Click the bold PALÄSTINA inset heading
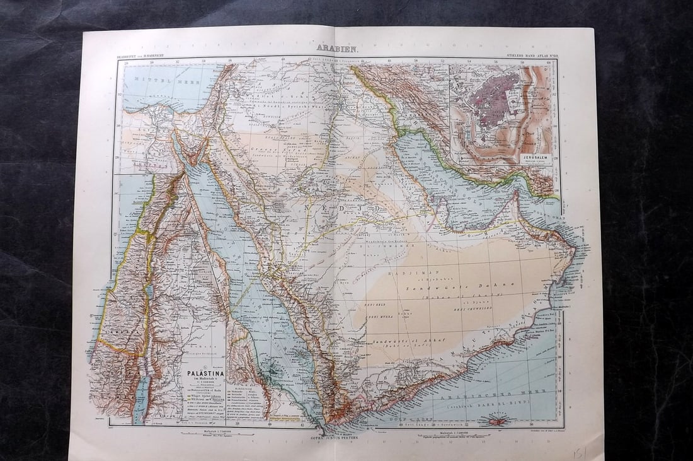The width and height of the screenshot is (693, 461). click(203, 372)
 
